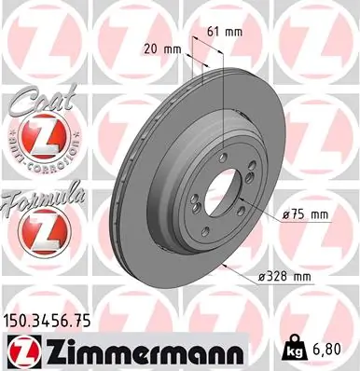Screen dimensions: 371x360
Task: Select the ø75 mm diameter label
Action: (307, 215)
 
